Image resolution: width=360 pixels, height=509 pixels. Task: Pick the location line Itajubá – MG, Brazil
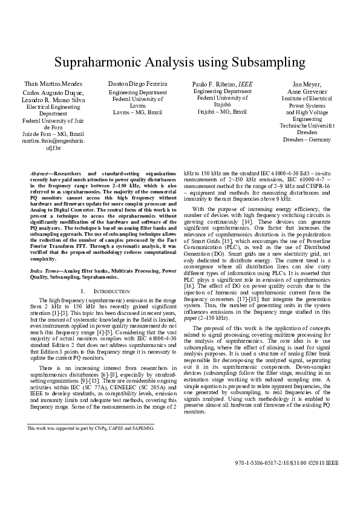pyautogui.click(x=222, y=112)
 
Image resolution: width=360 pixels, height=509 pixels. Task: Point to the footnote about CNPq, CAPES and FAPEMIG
pyautogui.click(x=91, y=427)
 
